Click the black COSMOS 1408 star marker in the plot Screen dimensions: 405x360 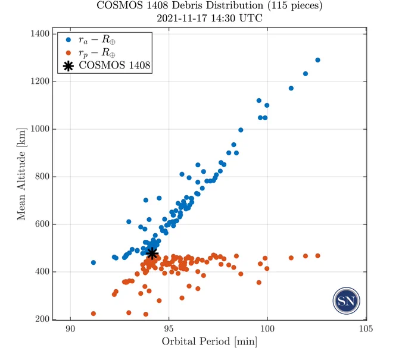(x=152, y=253)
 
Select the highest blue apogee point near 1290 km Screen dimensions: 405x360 (x=317, y=60)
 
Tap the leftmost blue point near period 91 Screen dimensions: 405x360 (x=94, y=262)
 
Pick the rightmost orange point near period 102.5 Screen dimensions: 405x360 (x=317, y=256)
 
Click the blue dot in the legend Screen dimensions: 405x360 (x=68, y=40)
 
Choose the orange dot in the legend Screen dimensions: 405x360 (x=68, y=53)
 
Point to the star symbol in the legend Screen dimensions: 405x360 (x=68, y=66)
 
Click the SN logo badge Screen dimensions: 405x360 (x=347, y=300)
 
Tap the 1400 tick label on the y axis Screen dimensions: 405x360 (x=40, y=34)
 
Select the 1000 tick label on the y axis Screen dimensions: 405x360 (x=40, y=129)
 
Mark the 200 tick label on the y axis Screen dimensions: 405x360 (x=42, y=319)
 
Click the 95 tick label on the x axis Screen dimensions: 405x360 (x=169, y=329)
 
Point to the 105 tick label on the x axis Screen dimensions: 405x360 (x=366, y=329)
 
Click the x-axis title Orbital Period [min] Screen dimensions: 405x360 (x=210, y=342)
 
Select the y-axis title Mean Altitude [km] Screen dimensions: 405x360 (x=21, y=174)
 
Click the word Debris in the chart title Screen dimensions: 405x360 (x=185, y=5)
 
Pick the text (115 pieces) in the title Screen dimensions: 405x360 (x=295, y=5)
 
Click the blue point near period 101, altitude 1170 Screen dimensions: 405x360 (x=291, y=88)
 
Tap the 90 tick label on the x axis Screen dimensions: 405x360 (x=70, y=329)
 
